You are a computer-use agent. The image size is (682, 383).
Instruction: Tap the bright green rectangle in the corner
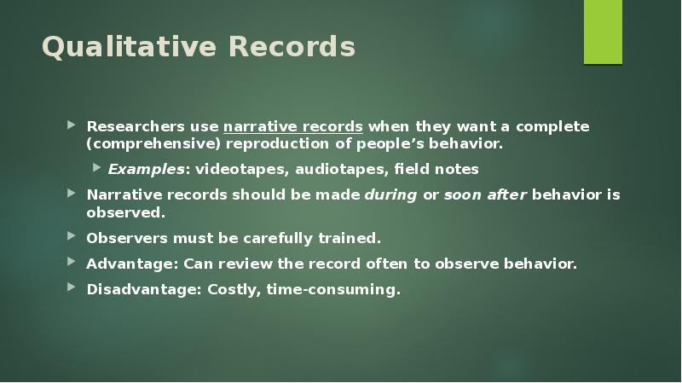[603, 32]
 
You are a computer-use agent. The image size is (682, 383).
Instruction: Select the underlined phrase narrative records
[293, 126]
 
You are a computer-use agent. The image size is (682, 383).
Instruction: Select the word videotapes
[243, 169]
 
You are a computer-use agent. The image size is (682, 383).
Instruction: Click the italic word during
[390, 194]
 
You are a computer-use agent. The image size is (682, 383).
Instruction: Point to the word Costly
[231, 289]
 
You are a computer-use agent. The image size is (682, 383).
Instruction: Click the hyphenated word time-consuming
[332, 289]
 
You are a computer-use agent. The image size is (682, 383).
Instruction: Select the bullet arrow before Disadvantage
[73, 288]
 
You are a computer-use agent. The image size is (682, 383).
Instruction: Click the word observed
[124, 212]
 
